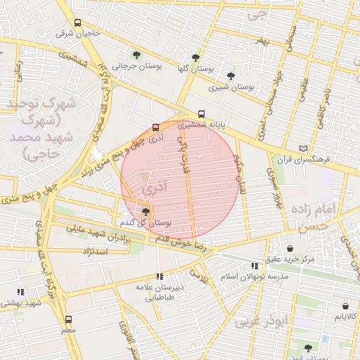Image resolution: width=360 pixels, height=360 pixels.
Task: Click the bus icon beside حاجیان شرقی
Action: pyautogui.click(x=77, y=22)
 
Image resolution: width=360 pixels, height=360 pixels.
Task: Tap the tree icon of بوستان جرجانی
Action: pyautogui.click(x=136, y=55)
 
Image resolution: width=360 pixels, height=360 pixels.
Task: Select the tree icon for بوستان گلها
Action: pyautogui.click(x=195, y=58)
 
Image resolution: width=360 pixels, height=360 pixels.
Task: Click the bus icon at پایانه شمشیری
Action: pyautogui.click(x=202, y=113)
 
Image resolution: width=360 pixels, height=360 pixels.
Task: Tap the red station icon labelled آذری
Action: pyautogui.click(x=155, y=127)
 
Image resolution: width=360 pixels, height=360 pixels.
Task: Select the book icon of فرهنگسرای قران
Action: pyautogui.click(x=303, y=148)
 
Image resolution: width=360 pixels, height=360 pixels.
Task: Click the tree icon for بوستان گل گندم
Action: pyautogui.click(x=146, y=211)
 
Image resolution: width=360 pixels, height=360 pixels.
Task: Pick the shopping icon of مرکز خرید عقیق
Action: pyautogui.click(x=290, y=248)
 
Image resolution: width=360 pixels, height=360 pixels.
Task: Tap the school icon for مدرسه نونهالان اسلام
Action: pyautogui.click(x=255, y=266)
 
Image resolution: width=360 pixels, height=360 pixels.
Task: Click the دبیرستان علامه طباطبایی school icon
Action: pyautogui.click(x=160, y=276)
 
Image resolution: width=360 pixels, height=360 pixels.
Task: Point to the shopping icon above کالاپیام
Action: pyautogui.click(x=345, y=306)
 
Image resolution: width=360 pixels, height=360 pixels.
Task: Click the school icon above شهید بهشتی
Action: pyautogui.click(x=20, y=291)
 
